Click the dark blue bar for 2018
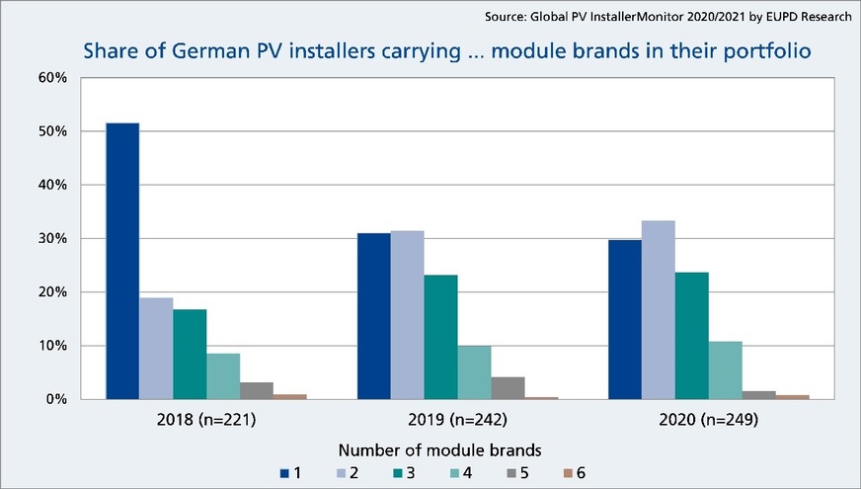122,261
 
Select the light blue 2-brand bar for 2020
658,310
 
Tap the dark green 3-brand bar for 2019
440,337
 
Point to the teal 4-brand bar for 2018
223,376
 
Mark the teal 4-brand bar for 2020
725,370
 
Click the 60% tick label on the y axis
51,77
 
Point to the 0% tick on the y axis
55,399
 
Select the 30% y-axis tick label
51,238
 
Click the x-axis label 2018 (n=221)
206,420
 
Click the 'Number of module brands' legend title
430,450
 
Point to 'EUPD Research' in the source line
809,17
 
